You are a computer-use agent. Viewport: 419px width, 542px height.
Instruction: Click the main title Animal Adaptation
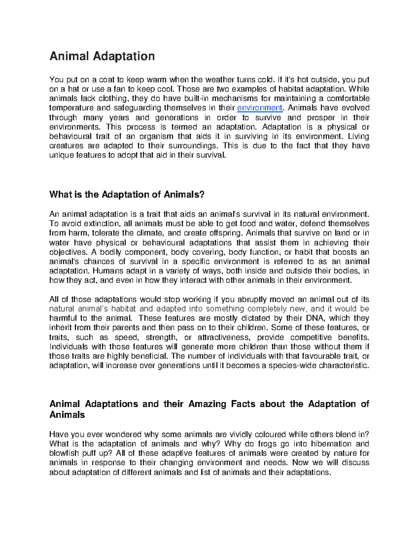[102, 56]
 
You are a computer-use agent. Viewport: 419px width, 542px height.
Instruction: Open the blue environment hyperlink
[259, 108]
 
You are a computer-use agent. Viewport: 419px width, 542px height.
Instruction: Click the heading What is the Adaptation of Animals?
[126, 194]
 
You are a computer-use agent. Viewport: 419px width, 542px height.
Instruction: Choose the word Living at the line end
[359, 136]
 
